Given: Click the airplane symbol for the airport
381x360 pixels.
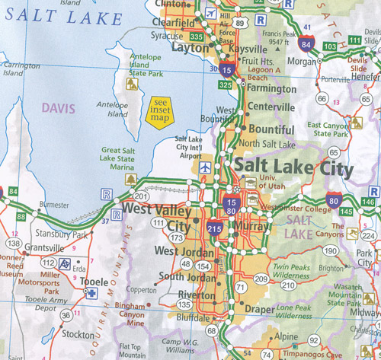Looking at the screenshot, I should click(204, 167).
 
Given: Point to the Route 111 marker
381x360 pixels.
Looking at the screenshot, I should click(158, 223).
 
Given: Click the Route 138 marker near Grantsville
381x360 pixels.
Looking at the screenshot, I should click(11, 243).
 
